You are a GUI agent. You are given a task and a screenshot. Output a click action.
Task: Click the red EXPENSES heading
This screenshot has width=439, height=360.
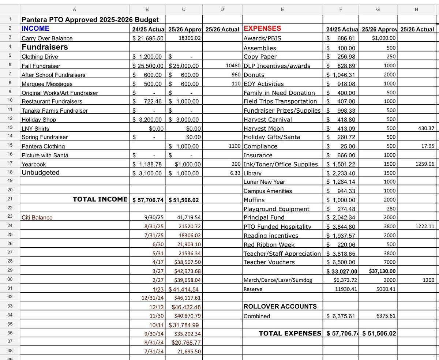[262, 29]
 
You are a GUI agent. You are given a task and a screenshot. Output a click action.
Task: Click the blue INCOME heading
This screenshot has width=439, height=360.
[35, 29]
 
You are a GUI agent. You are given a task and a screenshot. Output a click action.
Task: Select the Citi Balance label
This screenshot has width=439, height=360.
[37, 217]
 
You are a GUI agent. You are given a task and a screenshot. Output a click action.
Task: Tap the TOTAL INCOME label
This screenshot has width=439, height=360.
[100, 199]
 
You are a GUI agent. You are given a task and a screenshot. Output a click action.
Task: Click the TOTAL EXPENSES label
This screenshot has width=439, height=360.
[290, 333]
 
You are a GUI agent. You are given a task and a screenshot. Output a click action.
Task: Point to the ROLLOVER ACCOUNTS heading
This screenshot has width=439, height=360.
[280, 306]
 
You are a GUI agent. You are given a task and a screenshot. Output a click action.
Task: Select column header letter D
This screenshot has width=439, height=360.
[222, 9]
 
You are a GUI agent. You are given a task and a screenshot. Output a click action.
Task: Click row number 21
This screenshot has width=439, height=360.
[10, 199]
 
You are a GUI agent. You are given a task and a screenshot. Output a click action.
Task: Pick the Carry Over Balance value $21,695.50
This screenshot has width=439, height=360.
[148, 38]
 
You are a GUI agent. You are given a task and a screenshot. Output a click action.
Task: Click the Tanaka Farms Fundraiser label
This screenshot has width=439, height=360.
[55, 110]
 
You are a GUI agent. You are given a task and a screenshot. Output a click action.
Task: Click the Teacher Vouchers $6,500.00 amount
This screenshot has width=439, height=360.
[341, 262]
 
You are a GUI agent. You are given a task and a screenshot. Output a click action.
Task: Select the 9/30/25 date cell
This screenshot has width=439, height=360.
[154, 217]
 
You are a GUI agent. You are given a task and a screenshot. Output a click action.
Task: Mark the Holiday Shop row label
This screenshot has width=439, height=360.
[39, 120]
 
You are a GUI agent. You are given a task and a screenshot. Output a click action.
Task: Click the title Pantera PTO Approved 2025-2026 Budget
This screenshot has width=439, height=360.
[90, 20]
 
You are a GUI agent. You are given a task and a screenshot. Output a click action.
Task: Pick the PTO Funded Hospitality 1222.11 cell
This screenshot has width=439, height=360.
[424, 227]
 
